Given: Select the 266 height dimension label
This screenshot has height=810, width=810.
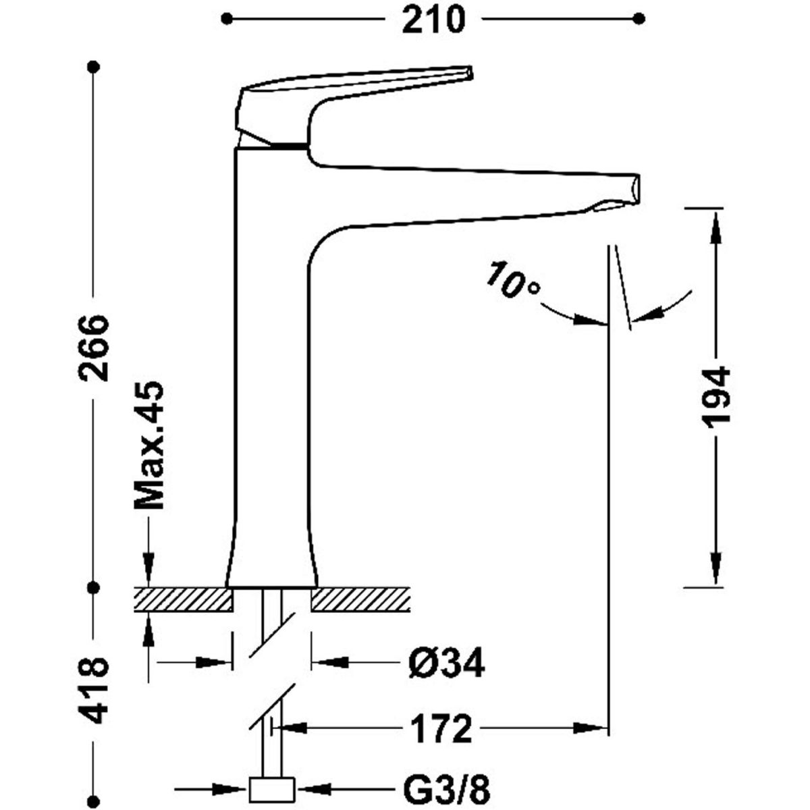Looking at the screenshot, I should tap(92, 347).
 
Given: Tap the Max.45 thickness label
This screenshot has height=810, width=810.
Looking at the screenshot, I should tap(148, 446).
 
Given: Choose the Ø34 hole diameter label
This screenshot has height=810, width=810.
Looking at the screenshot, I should tap(446, 664).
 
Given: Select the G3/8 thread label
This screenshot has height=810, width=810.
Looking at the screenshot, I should tap(452, 788).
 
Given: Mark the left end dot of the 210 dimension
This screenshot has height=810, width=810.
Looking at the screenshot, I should tap(227, 18).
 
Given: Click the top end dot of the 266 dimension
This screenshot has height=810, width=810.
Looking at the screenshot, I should tap(93, 66).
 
